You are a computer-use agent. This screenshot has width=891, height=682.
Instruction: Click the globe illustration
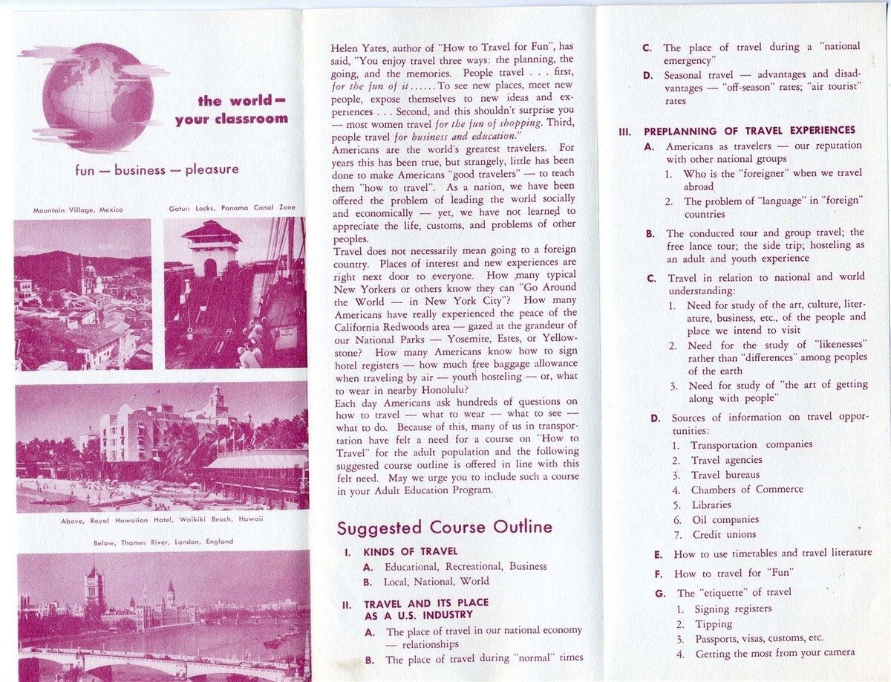point(97,97)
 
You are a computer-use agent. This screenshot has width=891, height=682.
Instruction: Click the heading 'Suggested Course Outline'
point(444,527)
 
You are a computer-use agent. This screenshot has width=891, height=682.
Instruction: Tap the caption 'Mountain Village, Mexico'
point(78,210)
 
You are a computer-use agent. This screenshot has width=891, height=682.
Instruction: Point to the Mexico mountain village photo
point(82,293)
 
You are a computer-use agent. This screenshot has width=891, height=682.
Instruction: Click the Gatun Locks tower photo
point(235,293)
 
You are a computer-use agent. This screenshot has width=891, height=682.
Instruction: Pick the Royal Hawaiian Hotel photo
point(162,446)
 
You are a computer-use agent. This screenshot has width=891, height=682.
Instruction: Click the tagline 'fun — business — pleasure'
point(157,169)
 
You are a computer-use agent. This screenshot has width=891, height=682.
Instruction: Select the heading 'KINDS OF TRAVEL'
point(410,552)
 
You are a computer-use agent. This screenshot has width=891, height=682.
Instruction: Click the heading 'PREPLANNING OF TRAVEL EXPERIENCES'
point(749,131)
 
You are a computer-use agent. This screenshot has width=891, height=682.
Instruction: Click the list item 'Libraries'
point(711,505)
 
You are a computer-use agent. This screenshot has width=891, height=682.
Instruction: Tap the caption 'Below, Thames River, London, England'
point(163,542)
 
